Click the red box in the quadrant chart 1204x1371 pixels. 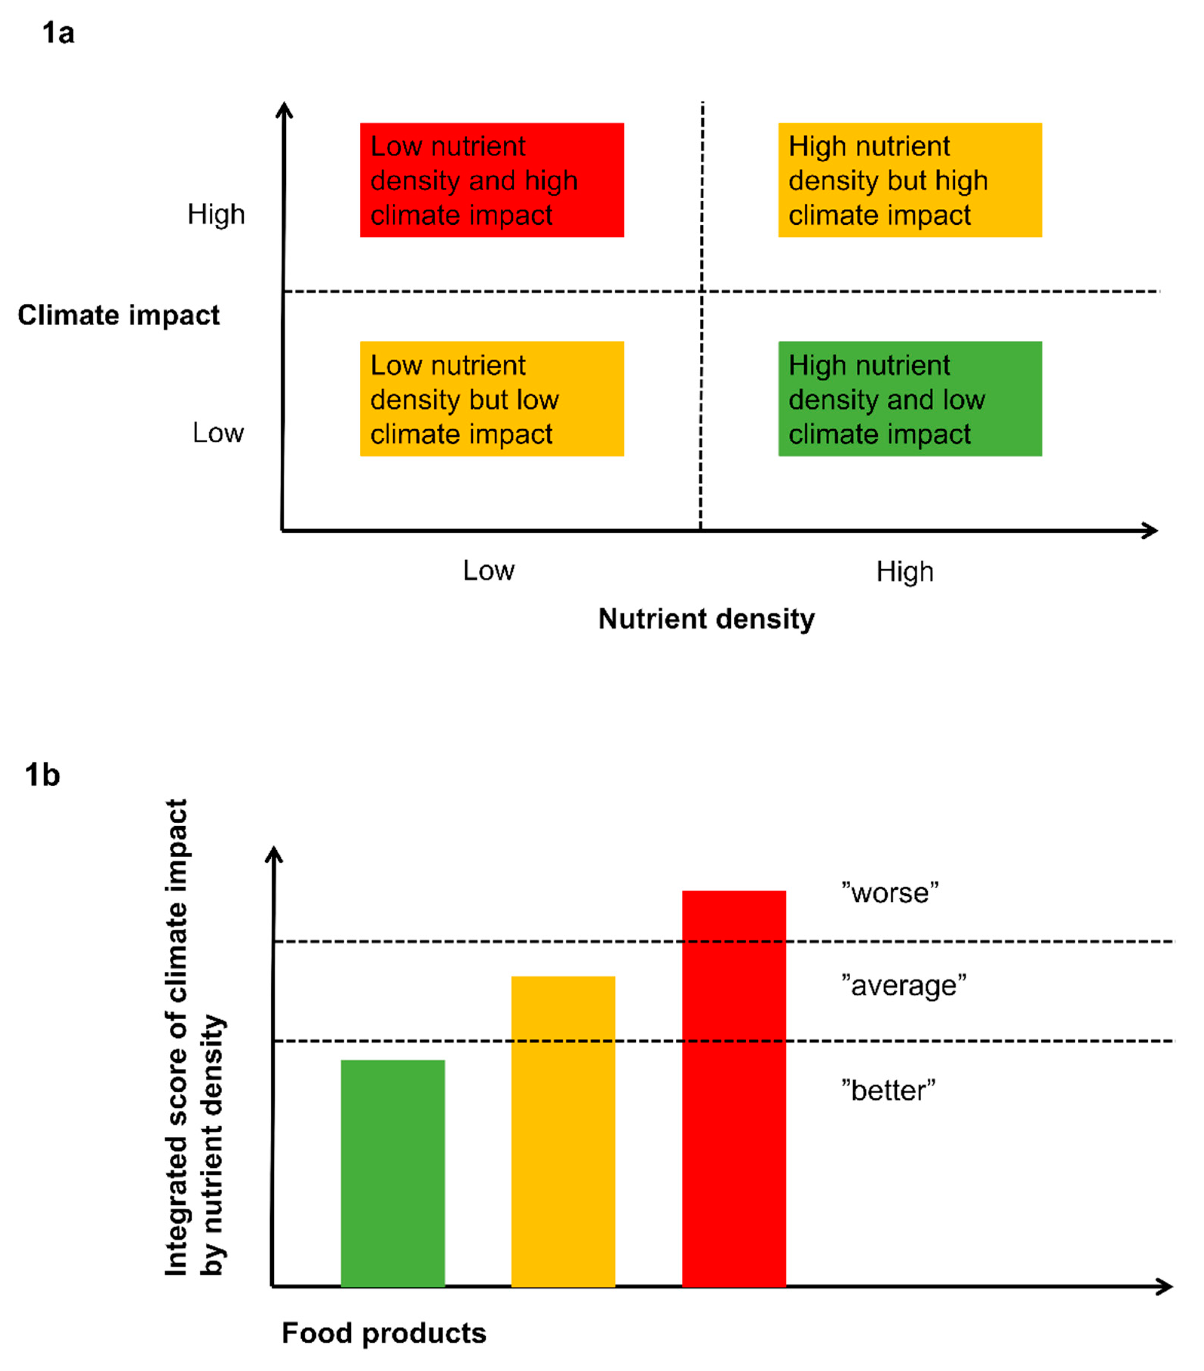491,180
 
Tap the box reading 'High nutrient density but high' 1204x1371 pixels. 910,180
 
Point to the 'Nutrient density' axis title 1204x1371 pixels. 706,619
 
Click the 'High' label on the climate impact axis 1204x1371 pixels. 216,214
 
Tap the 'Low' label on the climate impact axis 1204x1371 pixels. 218,433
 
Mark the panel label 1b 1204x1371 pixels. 42,775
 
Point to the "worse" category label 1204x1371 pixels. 890,893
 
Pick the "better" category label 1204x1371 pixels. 888,1090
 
